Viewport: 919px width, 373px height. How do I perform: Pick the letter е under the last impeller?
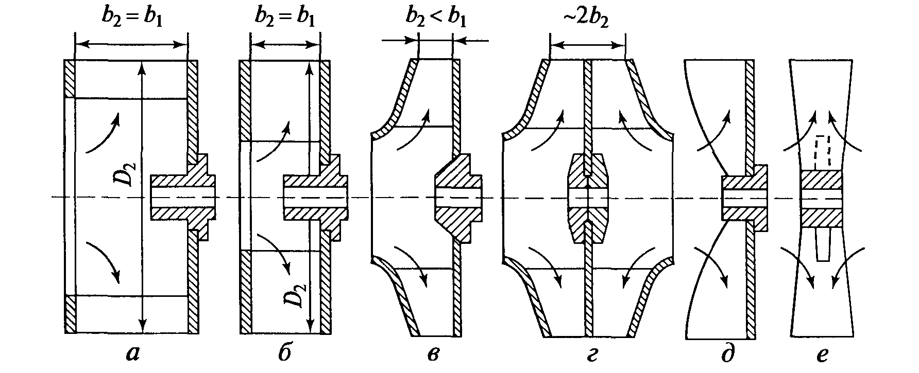[822, 355]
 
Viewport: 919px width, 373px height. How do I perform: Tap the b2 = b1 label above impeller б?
[285, 17]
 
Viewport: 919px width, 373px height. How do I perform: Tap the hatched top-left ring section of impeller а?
[70, 79]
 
